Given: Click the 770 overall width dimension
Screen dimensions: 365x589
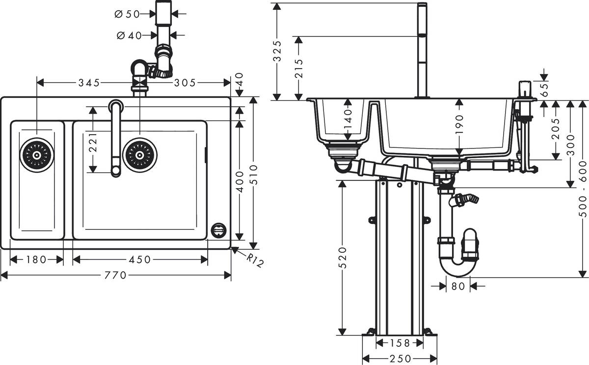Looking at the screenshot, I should tap(116, 275).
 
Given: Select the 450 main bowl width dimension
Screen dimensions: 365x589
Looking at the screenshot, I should tap(140, 260).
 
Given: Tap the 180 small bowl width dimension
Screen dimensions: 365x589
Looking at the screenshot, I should tap(37, 260).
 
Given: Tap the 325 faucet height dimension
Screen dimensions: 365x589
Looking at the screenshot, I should tap(277, 51).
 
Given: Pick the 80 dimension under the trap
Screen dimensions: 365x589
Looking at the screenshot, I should tap(457, 285).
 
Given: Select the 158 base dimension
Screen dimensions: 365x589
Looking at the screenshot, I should tap(399, 342).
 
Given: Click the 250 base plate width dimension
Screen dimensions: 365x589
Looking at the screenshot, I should tap(399, 358).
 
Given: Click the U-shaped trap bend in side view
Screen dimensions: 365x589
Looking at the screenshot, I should tap(457, 267).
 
